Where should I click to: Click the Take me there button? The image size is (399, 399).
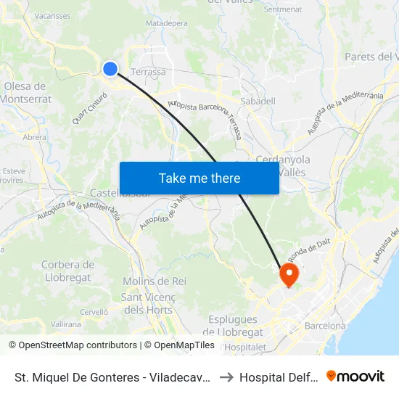tap(199, 178)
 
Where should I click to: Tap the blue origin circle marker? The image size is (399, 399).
tap(110, 69)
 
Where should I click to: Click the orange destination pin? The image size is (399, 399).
tap(289, 273)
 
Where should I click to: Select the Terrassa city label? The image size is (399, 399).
tap(148, 72)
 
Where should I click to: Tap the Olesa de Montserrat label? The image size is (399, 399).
tap(28, 92)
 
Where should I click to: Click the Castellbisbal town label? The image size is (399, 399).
tap(120, 193)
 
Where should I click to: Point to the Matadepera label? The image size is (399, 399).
tap(166, 23)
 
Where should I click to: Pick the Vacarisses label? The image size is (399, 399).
tap(52, 15)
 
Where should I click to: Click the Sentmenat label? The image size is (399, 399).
tap(283, 9)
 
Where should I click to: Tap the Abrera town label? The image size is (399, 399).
tap(35, 136)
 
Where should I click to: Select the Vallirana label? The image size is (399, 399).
tap(66, 324)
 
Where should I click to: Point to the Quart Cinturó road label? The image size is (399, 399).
tap(86, 111)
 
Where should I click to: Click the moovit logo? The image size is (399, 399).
tap(355, 376)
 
